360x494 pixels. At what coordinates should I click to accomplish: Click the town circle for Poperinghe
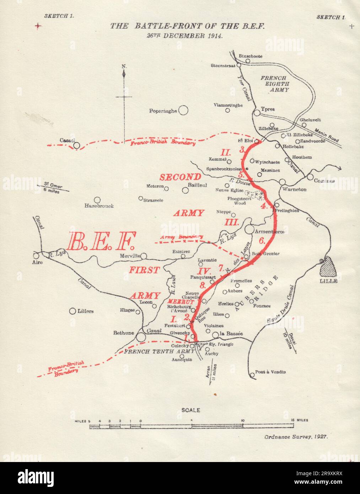click(x=183, y=111)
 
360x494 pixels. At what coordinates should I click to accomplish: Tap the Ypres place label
click(x=268, y=109)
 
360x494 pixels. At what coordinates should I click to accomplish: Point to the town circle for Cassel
click(x=76, y=145)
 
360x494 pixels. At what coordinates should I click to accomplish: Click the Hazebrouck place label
click(x=99, y=206)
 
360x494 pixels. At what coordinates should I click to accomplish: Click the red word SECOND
click(x=181, y=177)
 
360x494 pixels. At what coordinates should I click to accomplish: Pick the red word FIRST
click(x=144, y=270)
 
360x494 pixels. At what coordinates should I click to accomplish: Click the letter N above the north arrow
click(x=124, y=66)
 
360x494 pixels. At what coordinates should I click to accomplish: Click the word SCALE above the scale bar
click(x=191, y=410)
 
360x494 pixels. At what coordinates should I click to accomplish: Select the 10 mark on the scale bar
click(x=242, y=420)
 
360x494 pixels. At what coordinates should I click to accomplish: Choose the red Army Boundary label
click(x=182, y=237)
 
